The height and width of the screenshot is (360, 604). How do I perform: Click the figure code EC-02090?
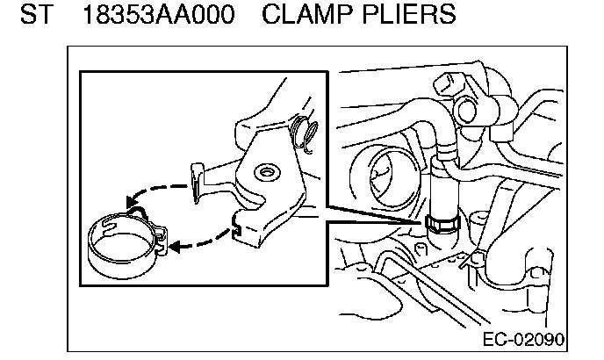pyautogui.click(x=523, y=339)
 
